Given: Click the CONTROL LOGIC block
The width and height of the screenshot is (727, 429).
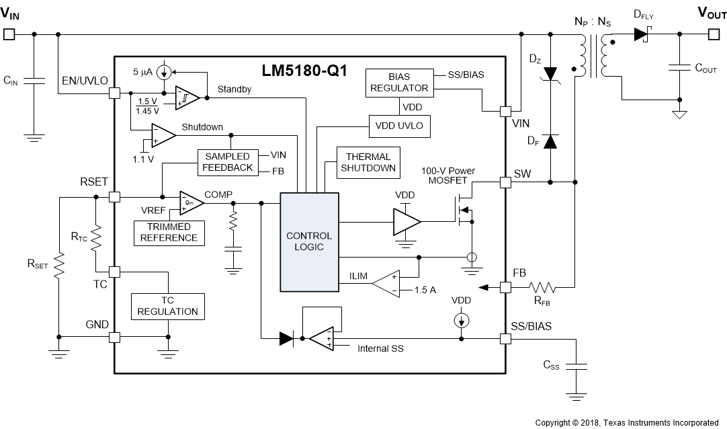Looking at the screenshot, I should [x=309, y=241].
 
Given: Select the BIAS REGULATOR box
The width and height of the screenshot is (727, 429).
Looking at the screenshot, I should [x=398, y=82].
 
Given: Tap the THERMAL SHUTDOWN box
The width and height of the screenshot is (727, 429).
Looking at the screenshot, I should [x=368, y=162].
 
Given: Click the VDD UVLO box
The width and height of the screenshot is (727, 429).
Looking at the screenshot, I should [x=398, y=126].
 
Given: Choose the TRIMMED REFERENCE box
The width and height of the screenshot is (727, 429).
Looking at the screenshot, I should [x=169, y=232].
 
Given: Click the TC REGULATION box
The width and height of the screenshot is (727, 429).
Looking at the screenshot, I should [x=168, y=306].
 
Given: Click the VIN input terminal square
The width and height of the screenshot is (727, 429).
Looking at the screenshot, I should [x=9, y=34].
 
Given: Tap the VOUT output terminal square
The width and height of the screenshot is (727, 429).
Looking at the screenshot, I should [x=717, y=34].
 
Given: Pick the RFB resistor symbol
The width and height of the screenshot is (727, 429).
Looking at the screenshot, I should [x=543, y=288].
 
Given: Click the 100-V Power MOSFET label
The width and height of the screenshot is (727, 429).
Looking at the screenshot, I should [x=448, y=175].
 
